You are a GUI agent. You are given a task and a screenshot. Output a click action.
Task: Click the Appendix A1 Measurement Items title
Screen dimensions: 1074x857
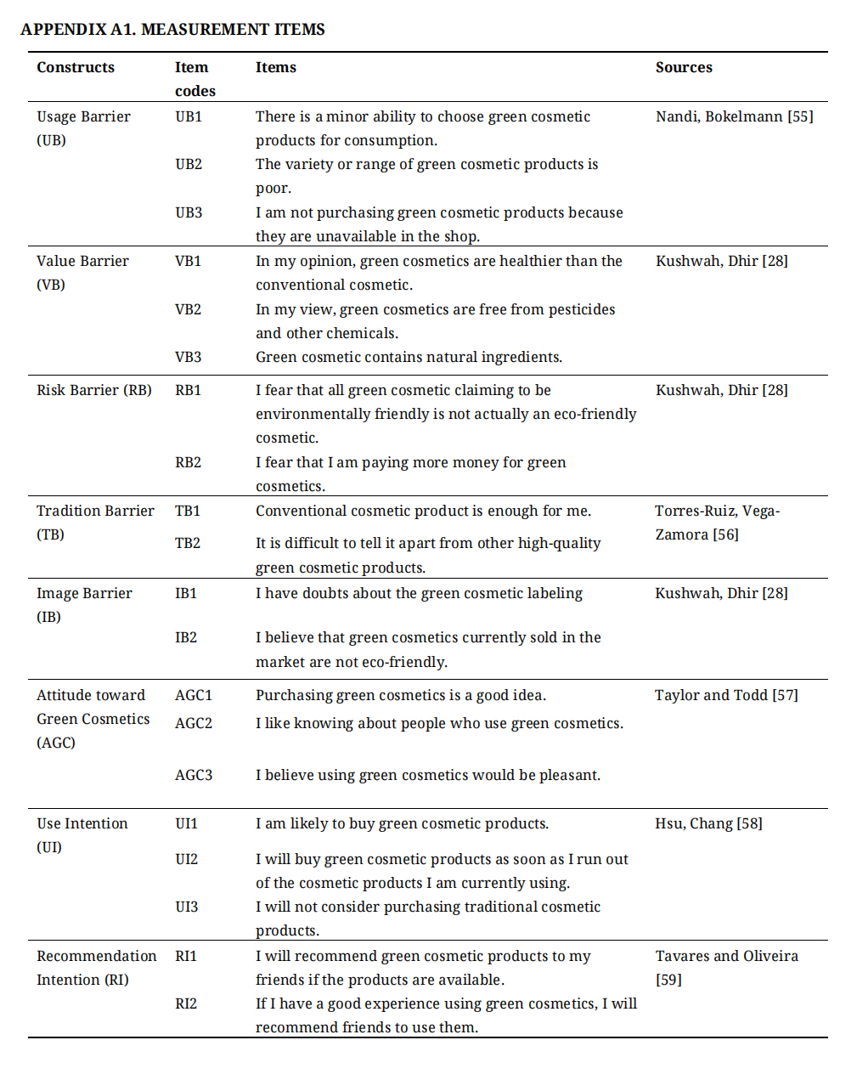172,30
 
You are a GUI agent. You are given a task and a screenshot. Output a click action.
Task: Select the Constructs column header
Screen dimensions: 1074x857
76,68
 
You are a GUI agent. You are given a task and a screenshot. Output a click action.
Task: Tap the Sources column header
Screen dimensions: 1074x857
684,68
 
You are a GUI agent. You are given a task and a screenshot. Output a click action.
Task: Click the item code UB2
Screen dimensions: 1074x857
189,164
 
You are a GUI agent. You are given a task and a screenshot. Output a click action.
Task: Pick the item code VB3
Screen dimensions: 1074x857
189,357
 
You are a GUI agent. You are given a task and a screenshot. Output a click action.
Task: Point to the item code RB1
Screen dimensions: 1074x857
189,390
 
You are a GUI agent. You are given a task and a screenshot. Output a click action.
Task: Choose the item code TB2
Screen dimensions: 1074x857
188,543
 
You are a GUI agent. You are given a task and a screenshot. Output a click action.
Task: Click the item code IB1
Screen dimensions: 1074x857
186,593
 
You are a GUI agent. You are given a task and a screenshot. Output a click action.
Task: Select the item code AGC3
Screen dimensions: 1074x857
194,775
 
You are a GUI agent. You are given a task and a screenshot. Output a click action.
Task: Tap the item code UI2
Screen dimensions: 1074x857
187,859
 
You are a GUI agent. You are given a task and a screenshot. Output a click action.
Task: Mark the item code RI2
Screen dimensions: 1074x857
186,1003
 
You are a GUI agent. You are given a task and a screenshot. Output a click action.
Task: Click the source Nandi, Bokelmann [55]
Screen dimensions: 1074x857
734,116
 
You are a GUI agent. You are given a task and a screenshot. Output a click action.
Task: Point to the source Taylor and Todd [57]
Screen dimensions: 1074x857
726,695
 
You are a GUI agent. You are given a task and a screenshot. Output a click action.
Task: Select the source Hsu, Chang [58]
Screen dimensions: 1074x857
708,823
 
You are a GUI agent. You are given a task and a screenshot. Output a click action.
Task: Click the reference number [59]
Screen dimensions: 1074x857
668,980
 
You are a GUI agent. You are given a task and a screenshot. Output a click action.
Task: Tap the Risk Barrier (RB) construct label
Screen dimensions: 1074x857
94,390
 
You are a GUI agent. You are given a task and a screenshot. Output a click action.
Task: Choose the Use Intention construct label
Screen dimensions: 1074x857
82,823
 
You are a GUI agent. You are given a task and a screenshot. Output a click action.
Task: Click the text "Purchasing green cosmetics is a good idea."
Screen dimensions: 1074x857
401,695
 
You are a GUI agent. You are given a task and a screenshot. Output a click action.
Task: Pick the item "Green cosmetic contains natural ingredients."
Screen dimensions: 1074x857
409,357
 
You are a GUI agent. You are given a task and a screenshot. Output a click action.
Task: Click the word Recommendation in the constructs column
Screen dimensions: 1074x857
97,956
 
